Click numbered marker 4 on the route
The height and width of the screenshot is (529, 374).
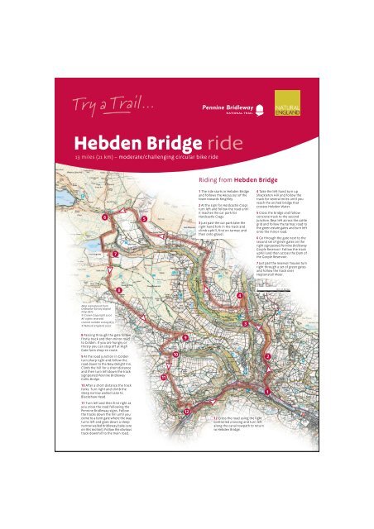tap(240, 295)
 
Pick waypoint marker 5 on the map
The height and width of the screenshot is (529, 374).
tap(144, 219)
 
